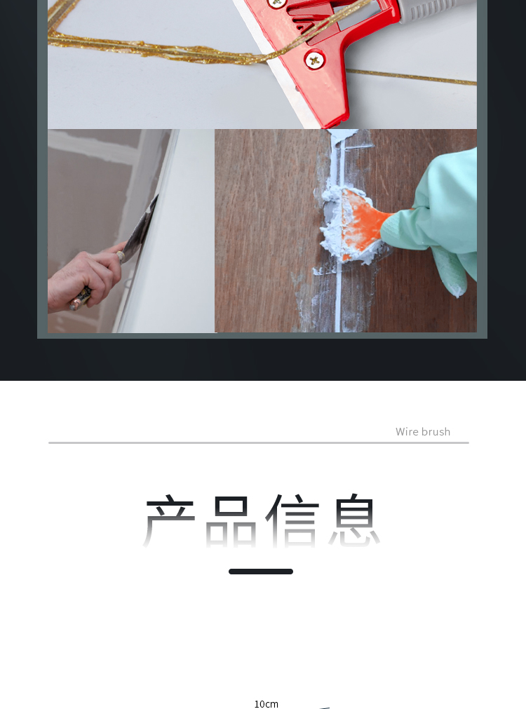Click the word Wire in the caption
pos(407,432)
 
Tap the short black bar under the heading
pos(261,572)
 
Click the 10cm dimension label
pos(267,703)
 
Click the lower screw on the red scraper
pos(314,60)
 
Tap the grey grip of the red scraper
pos(434,10)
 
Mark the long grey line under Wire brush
pos(259,443)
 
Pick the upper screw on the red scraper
pos(276,4)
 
